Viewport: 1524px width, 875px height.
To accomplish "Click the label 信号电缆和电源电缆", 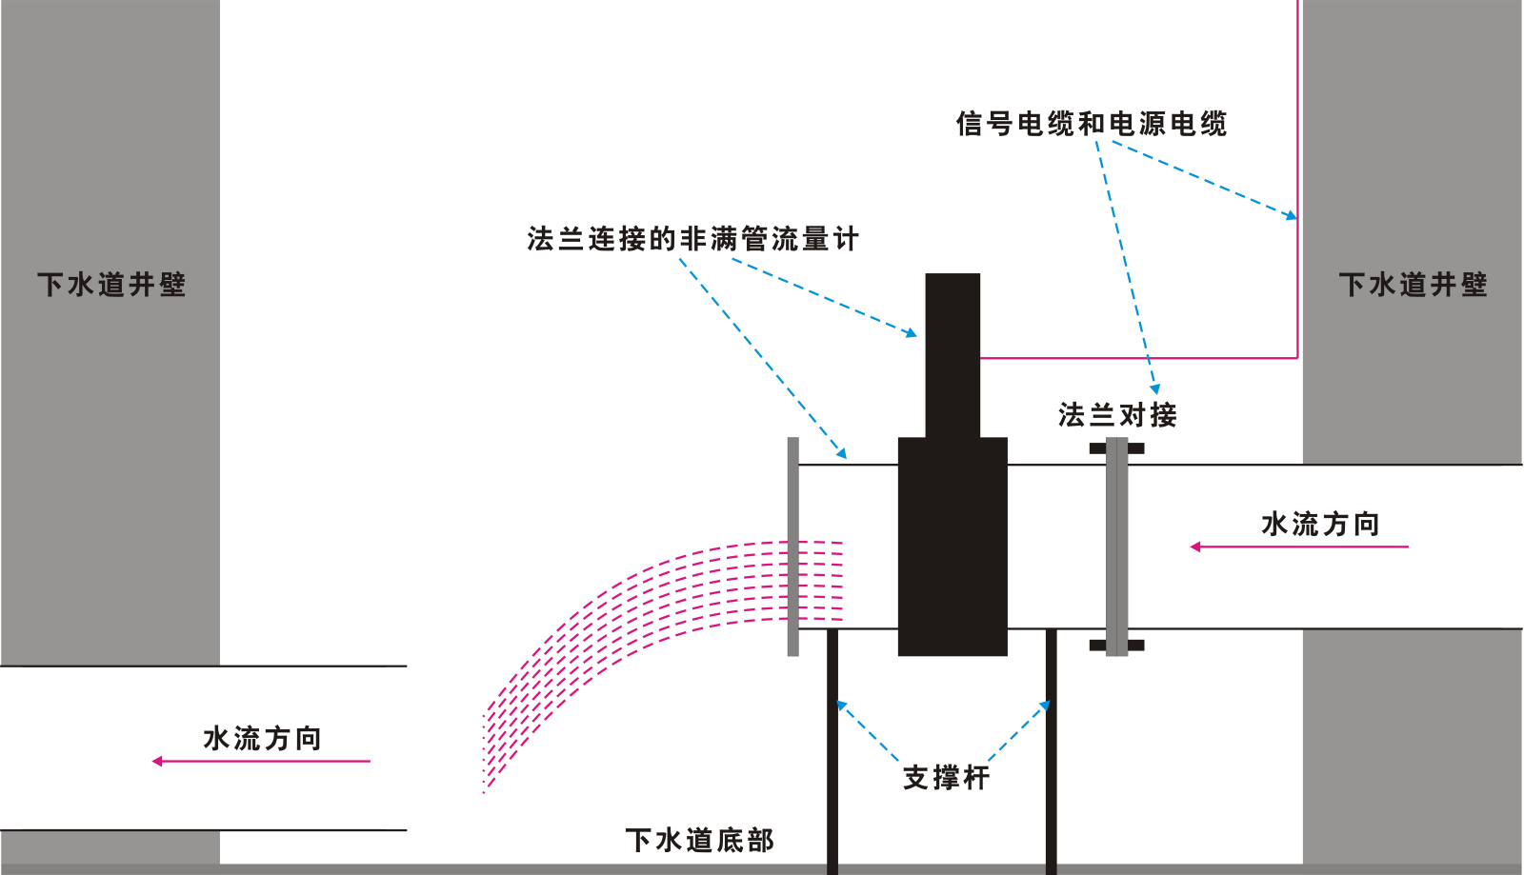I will point(1092,124).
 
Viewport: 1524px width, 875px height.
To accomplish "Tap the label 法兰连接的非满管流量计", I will point(692,239).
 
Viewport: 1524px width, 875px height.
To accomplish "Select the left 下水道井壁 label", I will point(111,285).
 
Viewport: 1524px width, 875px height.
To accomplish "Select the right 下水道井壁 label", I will point(1413,285).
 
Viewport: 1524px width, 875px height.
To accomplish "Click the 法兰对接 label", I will point(1117,415).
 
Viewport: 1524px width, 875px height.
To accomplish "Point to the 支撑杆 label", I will point(946,778).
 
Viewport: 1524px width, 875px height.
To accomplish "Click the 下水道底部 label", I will point(699,840).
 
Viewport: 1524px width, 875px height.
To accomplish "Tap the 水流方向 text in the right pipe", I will point(1320,524).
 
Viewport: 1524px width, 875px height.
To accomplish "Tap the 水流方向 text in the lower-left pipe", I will point(262,738).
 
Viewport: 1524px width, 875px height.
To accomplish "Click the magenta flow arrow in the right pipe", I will point(1299,547).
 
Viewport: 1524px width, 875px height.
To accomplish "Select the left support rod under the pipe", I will point(832,752).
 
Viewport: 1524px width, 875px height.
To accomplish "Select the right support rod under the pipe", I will point(1051,752).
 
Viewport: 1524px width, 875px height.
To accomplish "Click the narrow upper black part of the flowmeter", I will point(952,352).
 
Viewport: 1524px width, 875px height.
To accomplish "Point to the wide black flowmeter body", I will point(952,547).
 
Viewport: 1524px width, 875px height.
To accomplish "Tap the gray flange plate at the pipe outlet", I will point(792,547).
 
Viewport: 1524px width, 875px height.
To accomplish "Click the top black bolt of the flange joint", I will point(1116,447).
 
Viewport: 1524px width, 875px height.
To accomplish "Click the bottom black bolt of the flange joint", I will point(1116,646).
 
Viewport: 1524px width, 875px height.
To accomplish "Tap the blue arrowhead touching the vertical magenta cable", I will point(1291,216).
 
